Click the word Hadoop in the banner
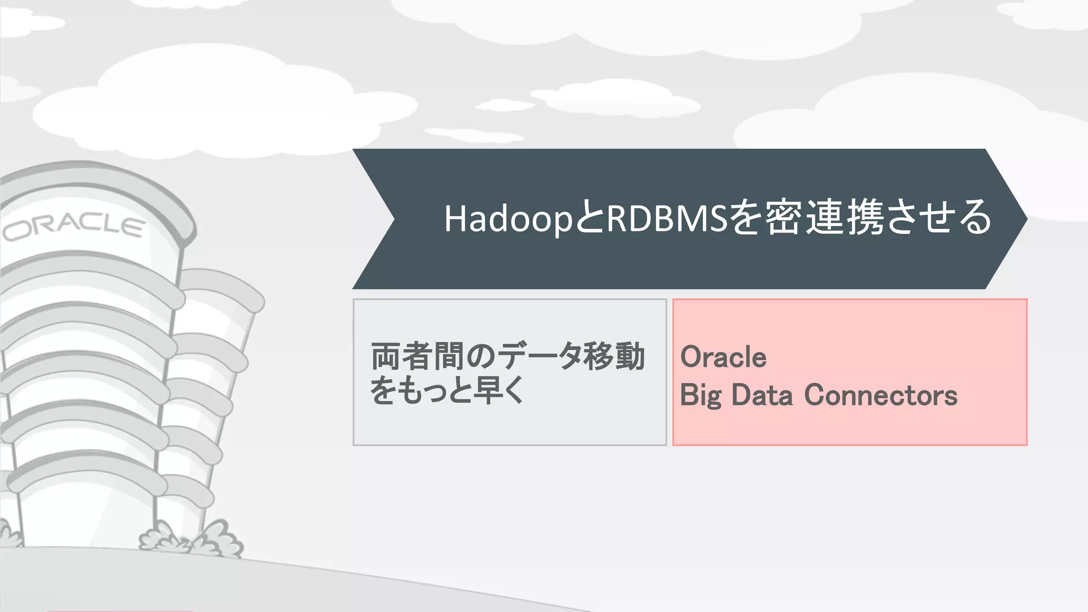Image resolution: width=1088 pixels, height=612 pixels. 507,218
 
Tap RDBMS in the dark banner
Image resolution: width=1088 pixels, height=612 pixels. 666,218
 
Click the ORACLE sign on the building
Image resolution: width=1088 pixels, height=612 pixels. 74,227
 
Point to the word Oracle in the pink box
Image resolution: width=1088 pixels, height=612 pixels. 723,356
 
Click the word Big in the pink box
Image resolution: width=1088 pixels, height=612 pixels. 701,395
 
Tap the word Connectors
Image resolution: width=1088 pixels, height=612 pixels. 880,395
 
